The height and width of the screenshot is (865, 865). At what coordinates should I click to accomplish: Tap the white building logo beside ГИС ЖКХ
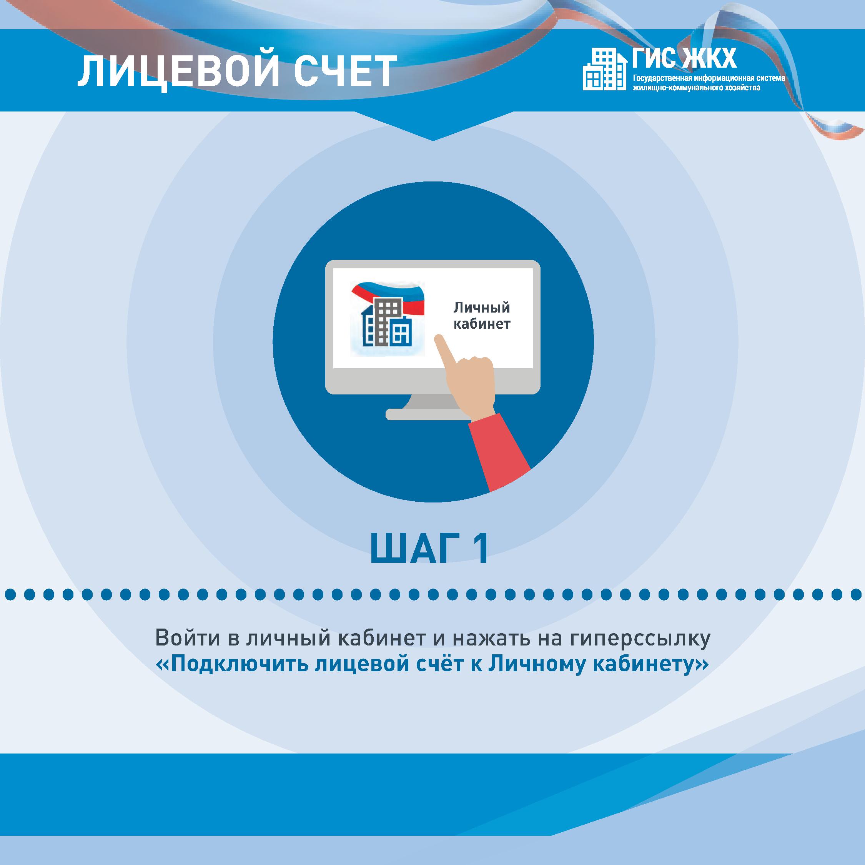[x=604, y=70]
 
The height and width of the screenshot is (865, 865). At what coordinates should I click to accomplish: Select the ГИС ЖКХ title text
[x=684, y=59]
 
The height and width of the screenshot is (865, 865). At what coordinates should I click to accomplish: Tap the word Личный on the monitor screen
[x=482, y=308]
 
